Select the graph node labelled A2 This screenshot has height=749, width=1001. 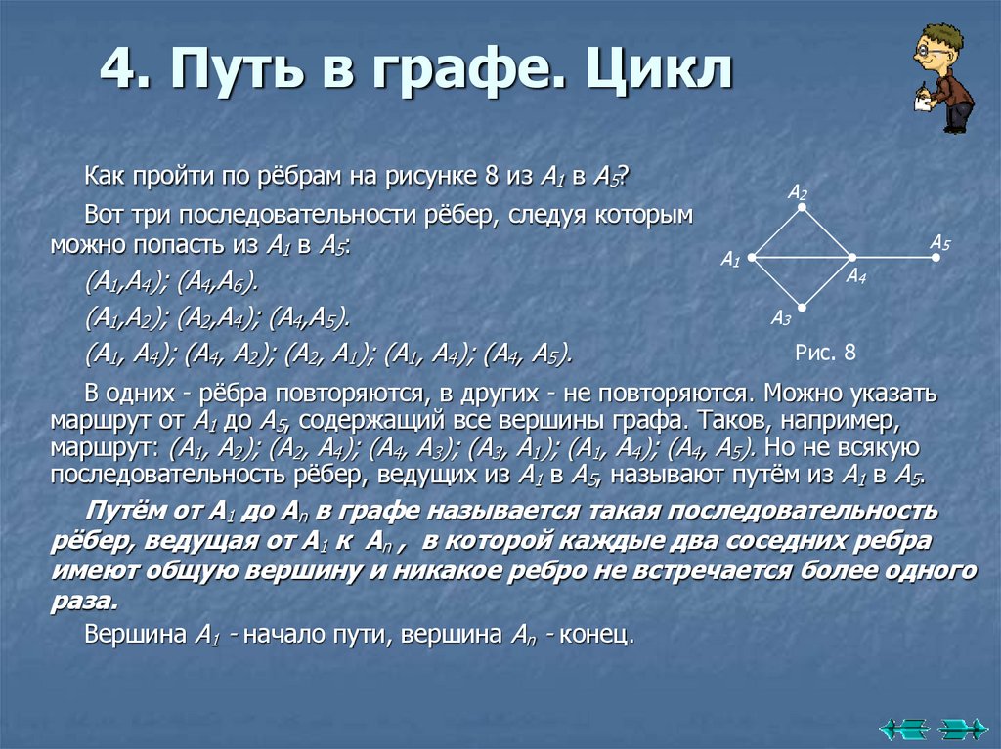(x=802, y=208)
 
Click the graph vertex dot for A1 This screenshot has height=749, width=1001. (x=752, y=258)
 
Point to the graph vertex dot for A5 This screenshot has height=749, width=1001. (x=936, y=258)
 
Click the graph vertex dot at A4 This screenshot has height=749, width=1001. (x=850, y=258)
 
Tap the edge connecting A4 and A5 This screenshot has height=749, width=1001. (x=892, y=258)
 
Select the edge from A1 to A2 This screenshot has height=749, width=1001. (x=776, y=233)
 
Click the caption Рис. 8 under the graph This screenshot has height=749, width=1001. (x=826, y=352)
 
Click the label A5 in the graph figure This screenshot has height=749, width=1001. (x=939, y=241)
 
